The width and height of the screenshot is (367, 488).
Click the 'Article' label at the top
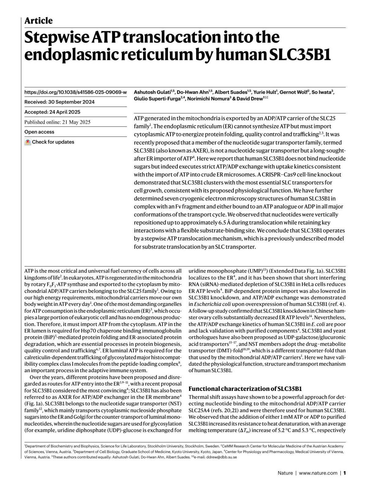pyautogui.click(x=39, y=21)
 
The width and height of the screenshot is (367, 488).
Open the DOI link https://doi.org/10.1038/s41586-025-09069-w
pyautogui.click(x=75, y=92)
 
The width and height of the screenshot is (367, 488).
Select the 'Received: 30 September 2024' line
pyautogui.click(x=59, y=102)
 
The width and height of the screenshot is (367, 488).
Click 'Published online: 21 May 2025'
pyautogui.click(x=57, y=122)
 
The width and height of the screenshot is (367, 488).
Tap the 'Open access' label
pyautogui.click(x=39, y=132)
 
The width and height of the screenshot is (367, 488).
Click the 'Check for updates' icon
pyautogui.click(x=28, y=142)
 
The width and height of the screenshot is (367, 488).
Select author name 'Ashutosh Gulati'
pyautogui.click(x=152, y=92)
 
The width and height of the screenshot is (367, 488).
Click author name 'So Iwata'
pyautogui.click(x=321, y=92)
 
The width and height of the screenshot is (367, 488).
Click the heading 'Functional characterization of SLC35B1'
pyautogui.click(x=245, y=389)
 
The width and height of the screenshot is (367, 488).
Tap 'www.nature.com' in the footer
pyautogui.click(x=318, y=473)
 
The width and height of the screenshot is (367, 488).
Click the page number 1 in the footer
pyautogui.click(x=344, y=473)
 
